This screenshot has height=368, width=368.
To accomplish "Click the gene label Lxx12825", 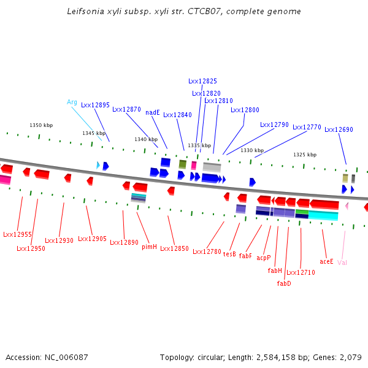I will [202, 81].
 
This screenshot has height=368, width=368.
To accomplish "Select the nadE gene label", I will [153, 112].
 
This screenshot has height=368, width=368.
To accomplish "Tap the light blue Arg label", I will [72, 102].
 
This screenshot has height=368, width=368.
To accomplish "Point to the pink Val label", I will [342, 263].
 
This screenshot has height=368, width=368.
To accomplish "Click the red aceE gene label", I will [326, 261].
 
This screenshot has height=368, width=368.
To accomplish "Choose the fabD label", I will [284, 283].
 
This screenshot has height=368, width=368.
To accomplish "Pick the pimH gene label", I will [150, 247].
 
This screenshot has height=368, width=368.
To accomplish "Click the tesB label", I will [229, 253].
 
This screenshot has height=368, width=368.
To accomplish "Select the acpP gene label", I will [264, 258].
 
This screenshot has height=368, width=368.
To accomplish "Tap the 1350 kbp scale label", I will [41, 125].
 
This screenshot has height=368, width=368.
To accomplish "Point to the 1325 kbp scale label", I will [305, 155].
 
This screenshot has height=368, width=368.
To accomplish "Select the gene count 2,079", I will [350, 357].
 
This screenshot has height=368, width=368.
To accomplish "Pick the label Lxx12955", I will [17, 234].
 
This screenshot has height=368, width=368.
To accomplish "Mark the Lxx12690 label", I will [339, 129].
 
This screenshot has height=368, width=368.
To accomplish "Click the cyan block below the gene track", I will [323, 215].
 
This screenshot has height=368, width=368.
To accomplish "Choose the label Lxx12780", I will [207, 251].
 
